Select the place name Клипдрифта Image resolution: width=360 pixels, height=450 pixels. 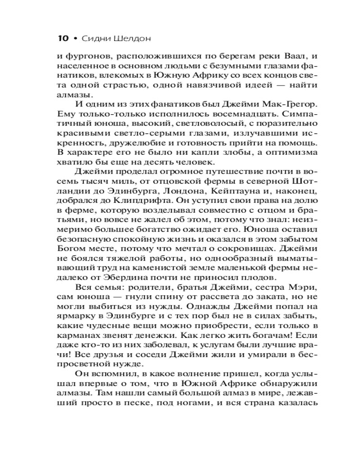click(136, 201)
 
